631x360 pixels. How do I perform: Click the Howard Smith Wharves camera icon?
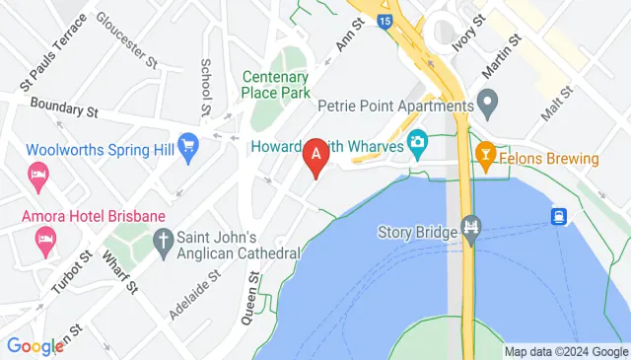pos(417,145)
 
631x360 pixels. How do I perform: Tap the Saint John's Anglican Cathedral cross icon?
pos(163,239)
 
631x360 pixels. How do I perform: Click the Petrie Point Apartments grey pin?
pos(487,104)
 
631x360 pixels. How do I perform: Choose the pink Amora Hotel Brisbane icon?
pos(43,238)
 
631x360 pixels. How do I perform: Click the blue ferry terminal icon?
pos(558,215)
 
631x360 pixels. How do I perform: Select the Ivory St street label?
pos(468,33)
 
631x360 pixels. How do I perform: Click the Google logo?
pos(35,346)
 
